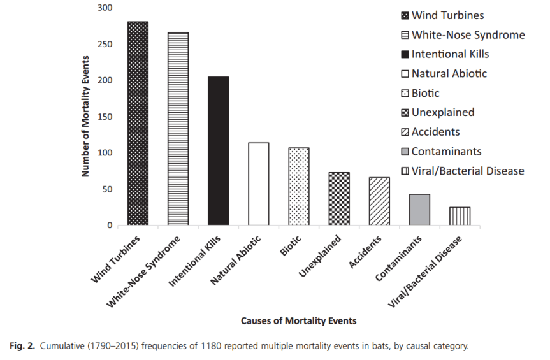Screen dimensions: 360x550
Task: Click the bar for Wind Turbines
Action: point(138,124)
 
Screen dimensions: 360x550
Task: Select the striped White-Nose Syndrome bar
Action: point(178,129)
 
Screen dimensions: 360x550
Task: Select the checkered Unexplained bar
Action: point(339,199)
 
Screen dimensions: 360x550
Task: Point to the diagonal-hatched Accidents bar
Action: point(379,201)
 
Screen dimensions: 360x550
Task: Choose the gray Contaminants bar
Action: point(419,210)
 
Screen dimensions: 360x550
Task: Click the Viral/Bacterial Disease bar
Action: point(460,216)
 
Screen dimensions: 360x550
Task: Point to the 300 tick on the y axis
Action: point(104,8)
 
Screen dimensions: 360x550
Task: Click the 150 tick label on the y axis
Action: point(104,117)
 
